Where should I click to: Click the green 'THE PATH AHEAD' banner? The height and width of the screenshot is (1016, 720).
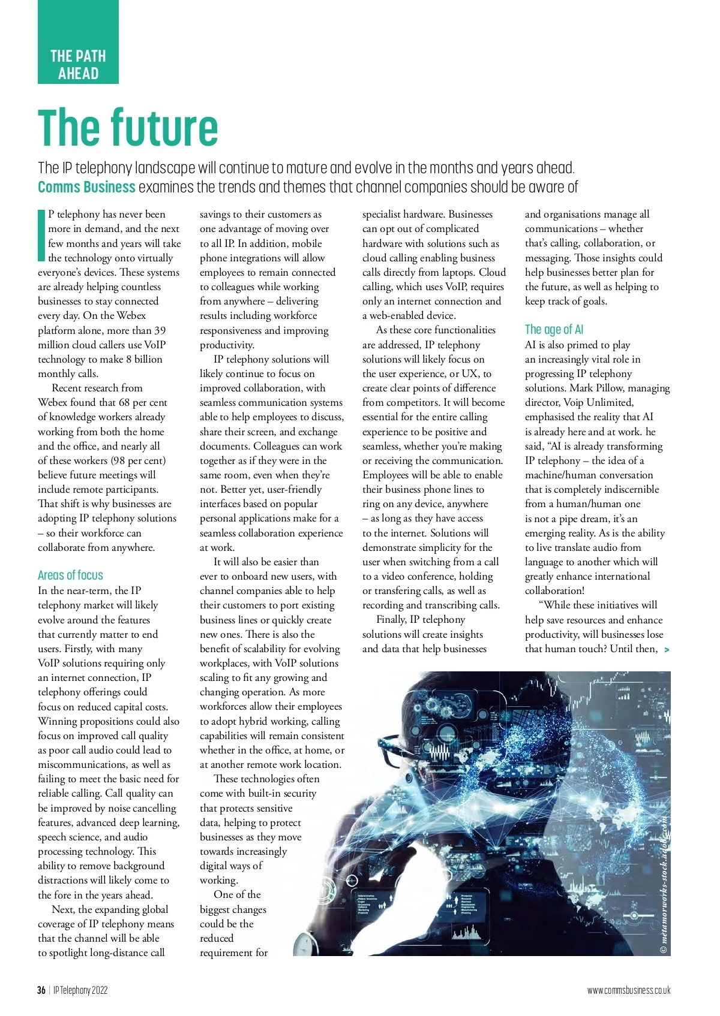point(78,65)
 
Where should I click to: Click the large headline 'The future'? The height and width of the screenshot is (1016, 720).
point(128,127)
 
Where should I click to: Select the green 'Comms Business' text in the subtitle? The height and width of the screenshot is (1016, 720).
point(86,187)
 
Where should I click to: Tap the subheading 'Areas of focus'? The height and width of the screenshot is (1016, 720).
point(70,575)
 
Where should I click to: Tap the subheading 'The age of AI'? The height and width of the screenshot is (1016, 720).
point(554,329)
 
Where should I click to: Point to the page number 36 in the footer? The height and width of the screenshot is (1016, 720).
point(41,990)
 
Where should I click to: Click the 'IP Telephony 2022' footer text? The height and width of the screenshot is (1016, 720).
point(80,990)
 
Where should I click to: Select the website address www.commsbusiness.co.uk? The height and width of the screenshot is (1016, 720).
point(629,990)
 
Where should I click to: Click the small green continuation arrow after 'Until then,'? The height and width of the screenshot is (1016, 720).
point(667,650)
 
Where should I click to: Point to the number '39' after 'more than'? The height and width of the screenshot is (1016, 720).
point(160,330)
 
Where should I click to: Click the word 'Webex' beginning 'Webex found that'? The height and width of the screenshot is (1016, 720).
point(52,403)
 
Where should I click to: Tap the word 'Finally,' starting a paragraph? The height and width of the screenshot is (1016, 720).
point(395,620)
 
